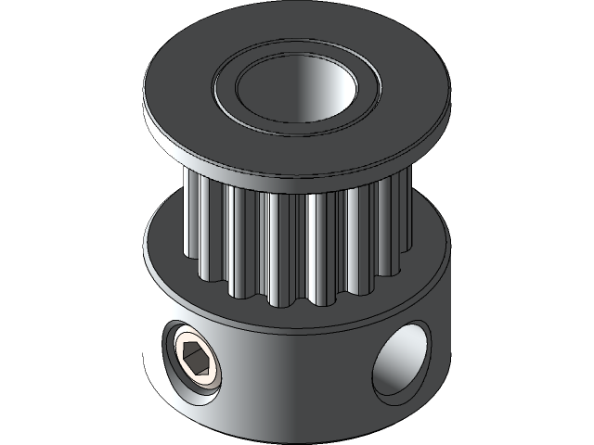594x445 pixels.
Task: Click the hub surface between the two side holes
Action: (297, 371)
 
